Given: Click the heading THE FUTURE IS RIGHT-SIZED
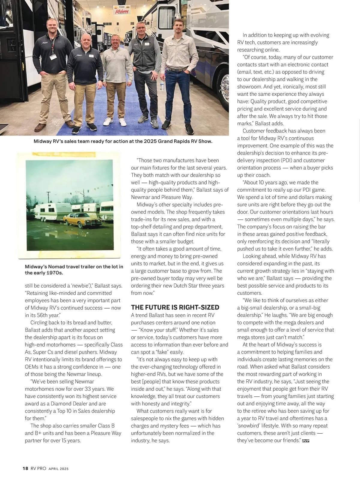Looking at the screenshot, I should click(175, 307).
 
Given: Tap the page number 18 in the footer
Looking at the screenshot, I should click(25, 468).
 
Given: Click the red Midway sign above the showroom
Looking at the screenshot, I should click(122, 11).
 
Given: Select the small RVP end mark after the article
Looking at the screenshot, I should click(306, 441).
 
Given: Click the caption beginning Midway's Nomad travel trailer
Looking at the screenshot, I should click(74, 270).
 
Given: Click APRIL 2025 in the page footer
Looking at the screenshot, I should click(58, 469).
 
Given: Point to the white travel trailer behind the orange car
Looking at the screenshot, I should click(49, 209).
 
